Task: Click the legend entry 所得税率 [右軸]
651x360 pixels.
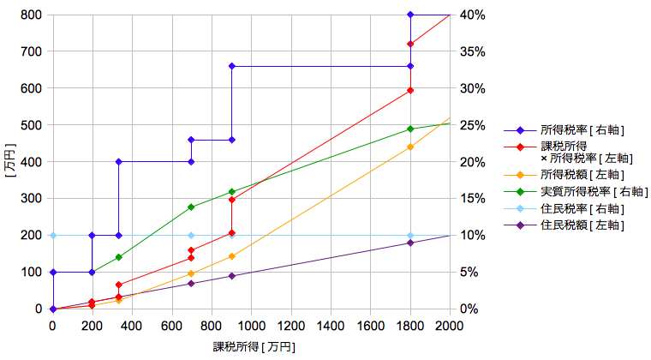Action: click(x=582, y=130)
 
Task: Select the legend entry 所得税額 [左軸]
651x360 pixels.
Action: click(x=582, y=175)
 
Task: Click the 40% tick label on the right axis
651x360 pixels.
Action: click(x=472, y=15)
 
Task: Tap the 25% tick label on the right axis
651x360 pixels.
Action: click(x=472, y=125)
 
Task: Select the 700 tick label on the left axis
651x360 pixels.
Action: click(x=32, y=51)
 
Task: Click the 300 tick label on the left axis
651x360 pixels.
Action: click(x=32, y=199)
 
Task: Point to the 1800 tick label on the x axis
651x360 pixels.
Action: click(x=410, y=326)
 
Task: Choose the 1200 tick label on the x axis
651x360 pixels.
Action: click(x=291, y=326)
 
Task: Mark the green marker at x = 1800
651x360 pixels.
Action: click(x=410, y=129)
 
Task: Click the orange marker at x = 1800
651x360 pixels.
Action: click(x=410, y=147)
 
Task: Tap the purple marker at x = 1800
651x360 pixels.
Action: click(x=410, y=243)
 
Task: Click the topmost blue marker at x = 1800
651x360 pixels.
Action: click(x=410, y=15)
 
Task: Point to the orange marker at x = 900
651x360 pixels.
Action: click(x=231, y=256)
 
